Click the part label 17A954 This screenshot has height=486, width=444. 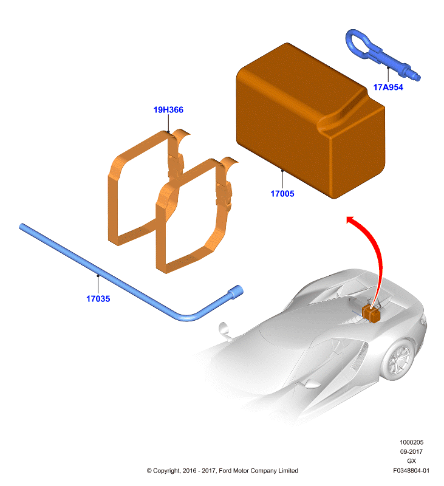388,87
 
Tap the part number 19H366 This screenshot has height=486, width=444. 168,110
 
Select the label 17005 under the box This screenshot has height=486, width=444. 282,194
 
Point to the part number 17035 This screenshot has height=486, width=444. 98,299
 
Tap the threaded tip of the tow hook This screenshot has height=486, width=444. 415,76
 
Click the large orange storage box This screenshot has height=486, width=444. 310,120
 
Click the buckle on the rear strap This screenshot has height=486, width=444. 176,166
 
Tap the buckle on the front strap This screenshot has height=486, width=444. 224,196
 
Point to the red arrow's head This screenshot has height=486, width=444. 352,220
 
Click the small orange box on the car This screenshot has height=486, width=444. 371,313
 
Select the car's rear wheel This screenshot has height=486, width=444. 400,360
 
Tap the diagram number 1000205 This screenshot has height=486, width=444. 411,442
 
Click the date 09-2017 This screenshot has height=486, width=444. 411,451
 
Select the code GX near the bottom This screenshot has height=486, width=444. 411,461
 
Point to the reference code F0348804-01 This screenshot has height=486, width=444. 411,470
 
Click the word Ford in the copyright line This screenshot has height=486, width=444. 225,470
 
